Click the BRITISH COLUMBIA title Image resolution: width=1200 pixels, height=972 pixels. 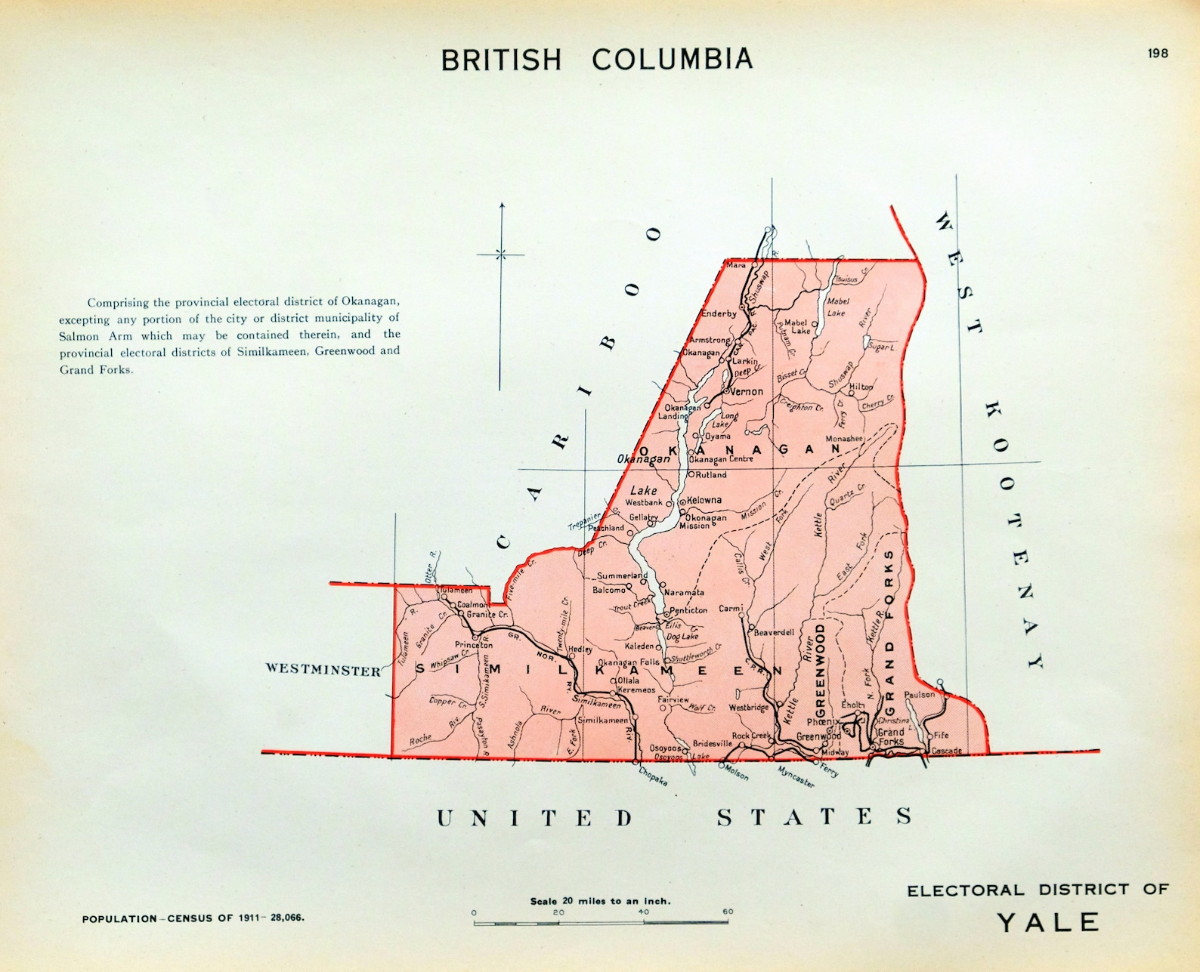597,60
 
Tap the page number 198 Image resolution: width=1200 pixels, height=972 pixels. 1157,53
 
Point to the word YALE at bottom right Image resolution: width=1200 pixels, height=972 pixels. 1048,922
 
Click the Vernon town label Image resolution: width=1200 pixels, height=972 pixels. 746,391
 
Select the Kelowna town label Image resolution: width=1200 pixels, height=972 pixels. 704,500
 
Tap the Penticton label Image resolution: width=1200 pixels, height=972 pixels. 688,610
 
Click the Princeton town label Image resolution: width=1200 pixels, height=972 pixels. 474,645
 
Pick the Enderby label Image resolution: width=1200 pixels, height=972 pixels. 719,313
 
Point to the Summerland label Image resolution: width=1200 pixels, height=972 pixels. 622,575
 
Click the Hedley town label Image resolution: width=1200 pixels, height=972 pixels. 580,649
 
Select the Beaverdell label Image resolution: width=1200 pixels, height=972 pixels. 774,633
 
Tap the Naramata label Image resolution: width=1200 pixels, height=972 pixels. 684,593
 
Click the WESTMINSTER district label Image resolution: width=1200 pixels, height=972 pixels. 323,670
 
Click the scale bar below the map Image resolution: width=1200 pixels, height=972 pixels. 601,922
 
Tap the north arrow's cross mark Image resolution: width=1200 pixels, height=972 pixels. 501,255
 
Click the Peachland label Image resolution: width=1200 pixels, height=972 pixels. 606,528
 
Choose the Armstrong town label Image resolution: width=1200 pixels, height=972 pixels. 709,341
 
